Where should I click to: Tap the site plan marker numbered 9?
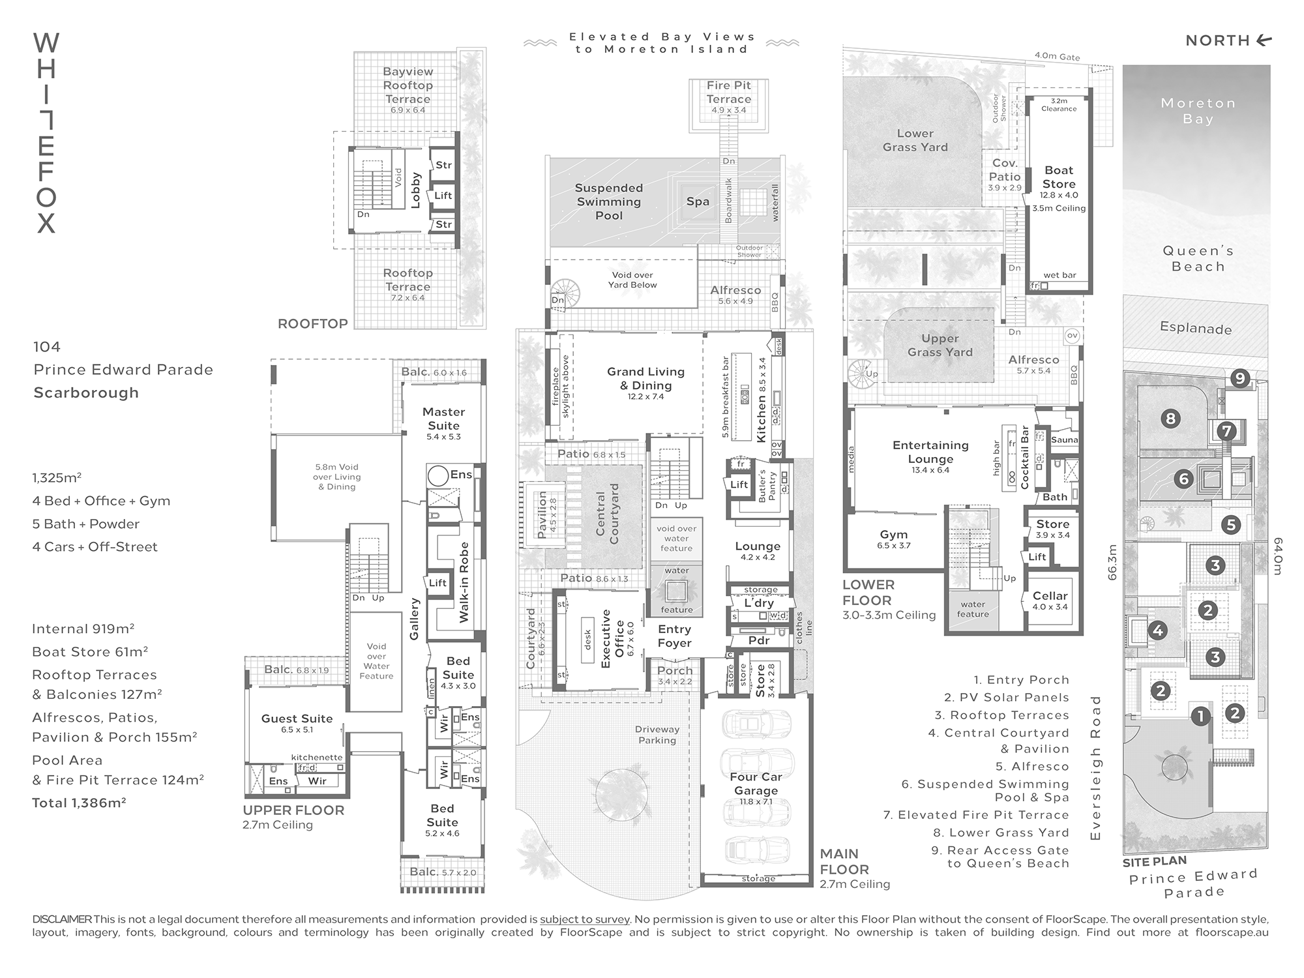(1240, 378)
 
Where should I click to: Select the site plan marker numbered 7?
(1227, 431)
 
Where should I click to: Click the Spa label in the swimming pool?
(698, 201)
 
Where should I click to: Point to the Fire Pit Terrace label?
(729, 92)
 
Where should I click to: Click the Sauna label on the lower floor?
(1064, 440)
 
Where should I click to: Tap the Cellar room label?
(1050, 596)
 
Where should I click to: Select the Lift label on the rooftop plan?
(443, 195)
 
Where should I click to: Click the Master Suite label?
(443, 419)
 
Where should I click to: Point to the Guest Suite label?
(297, 719)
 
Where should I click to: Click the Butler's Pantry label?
(767, 485)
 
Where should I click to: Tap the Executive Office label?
(612, 638)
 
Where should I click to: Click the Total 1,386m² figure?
(79, 803)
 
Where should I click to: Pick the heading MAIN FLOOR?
(844, 861)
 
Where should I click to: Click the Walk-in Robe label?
(464, 582)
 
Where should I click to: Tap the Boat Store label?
(1059, 177)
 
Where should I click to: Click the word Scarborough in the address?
(86, 393)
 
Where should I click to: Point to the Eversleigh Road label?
(1095, 767)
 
